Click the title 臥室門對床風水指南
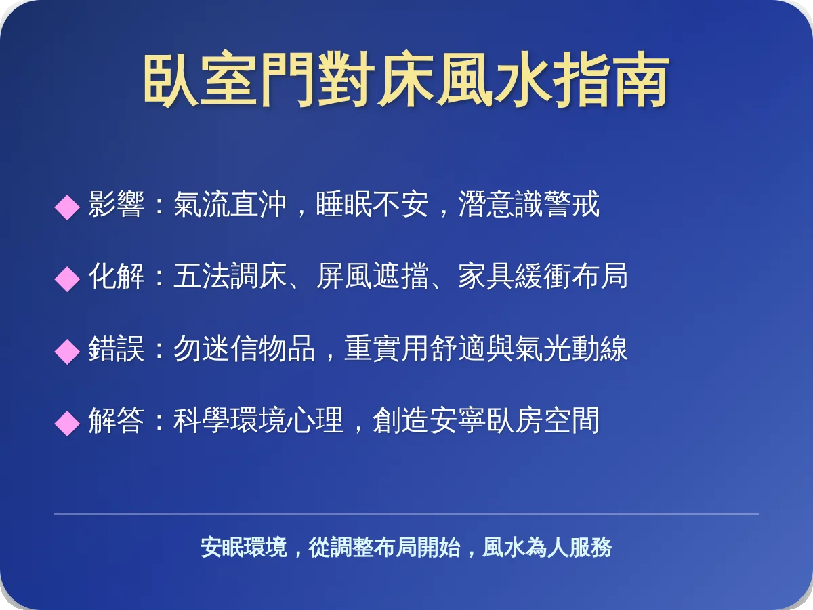tap(406, 82)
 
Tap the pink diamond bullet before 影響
tap(67, 206)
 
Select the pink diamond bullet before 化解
tap(67, 278)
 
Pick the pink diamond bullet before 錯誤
tap(67, 351)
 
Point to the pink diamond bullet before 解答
tap(67, 423)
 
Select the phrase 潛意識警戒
tap(529, 205)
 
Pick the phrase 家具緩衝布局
tap(543, 277)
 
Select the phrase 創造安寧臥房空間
tap(486, 421)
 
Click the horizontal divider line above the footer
tap(406, 514)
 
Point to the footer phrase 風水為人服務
tap(547, 548)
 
